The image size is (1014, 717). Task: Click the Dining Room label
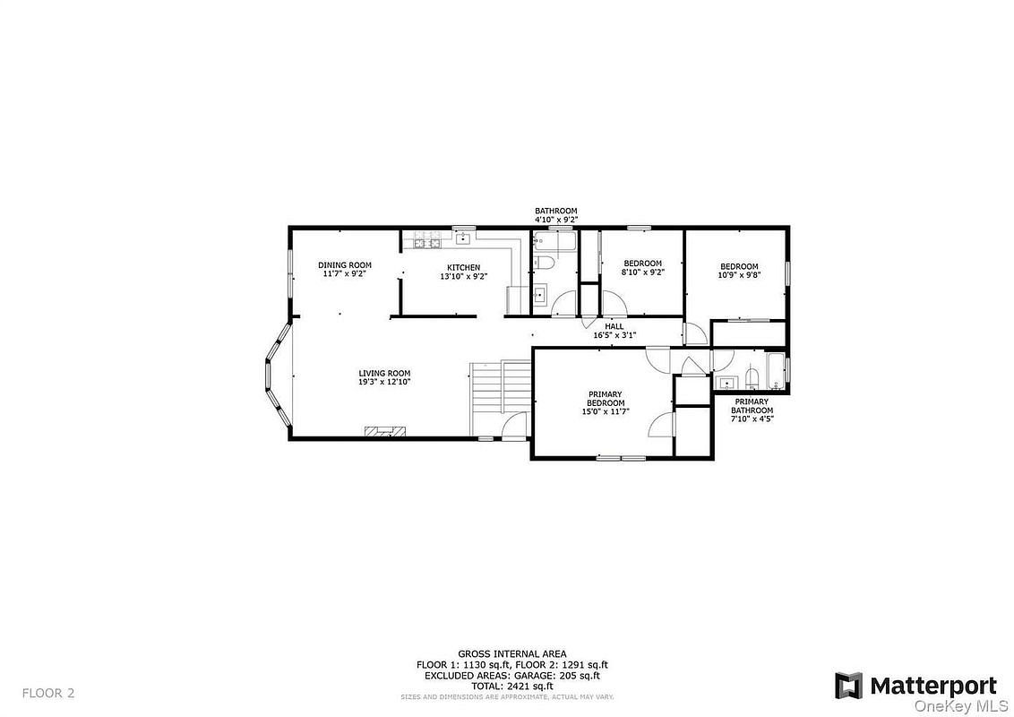click(345, 265)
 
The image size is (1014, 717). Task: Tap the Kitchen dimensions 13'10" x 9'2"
click(464, 276)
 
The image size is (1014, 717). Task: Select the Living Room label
click(385, 374)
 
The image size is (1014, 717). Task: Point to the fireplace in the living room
click(385, 432)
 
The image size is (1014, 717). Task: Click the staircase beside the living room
click(500, 398)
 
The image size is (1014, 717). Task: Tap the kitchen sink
click(463, 238)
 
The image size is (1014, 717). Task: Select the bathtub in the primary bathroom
click(775, 371)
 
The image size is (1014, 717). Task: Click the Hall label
click(614, 327)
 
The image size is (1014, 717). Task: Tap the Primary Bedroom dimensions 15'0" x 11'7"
click(606, 411)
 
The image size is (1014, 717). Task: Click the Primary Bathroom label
click(752, 406)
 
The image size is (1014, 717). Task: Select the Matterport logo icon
click(848, 686)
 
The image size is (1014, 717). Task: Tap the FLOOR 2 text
click(48, 693)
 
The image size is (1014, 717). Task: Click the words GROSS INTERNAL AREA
click(512, 654)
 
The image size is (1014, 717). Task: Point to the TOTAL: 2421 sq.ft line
click(512, 686)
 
